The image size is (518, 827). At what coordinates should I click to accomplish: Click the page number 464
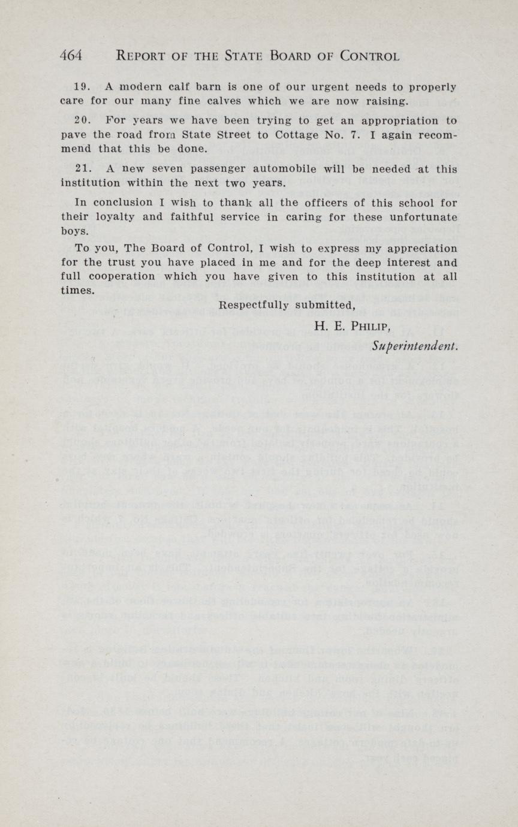coord(71,56)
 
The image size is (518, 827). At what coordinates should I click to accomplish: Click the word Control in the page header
coord(369,56)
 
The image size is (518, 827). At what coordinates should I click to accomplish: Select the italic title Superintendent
coord(415,346)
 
